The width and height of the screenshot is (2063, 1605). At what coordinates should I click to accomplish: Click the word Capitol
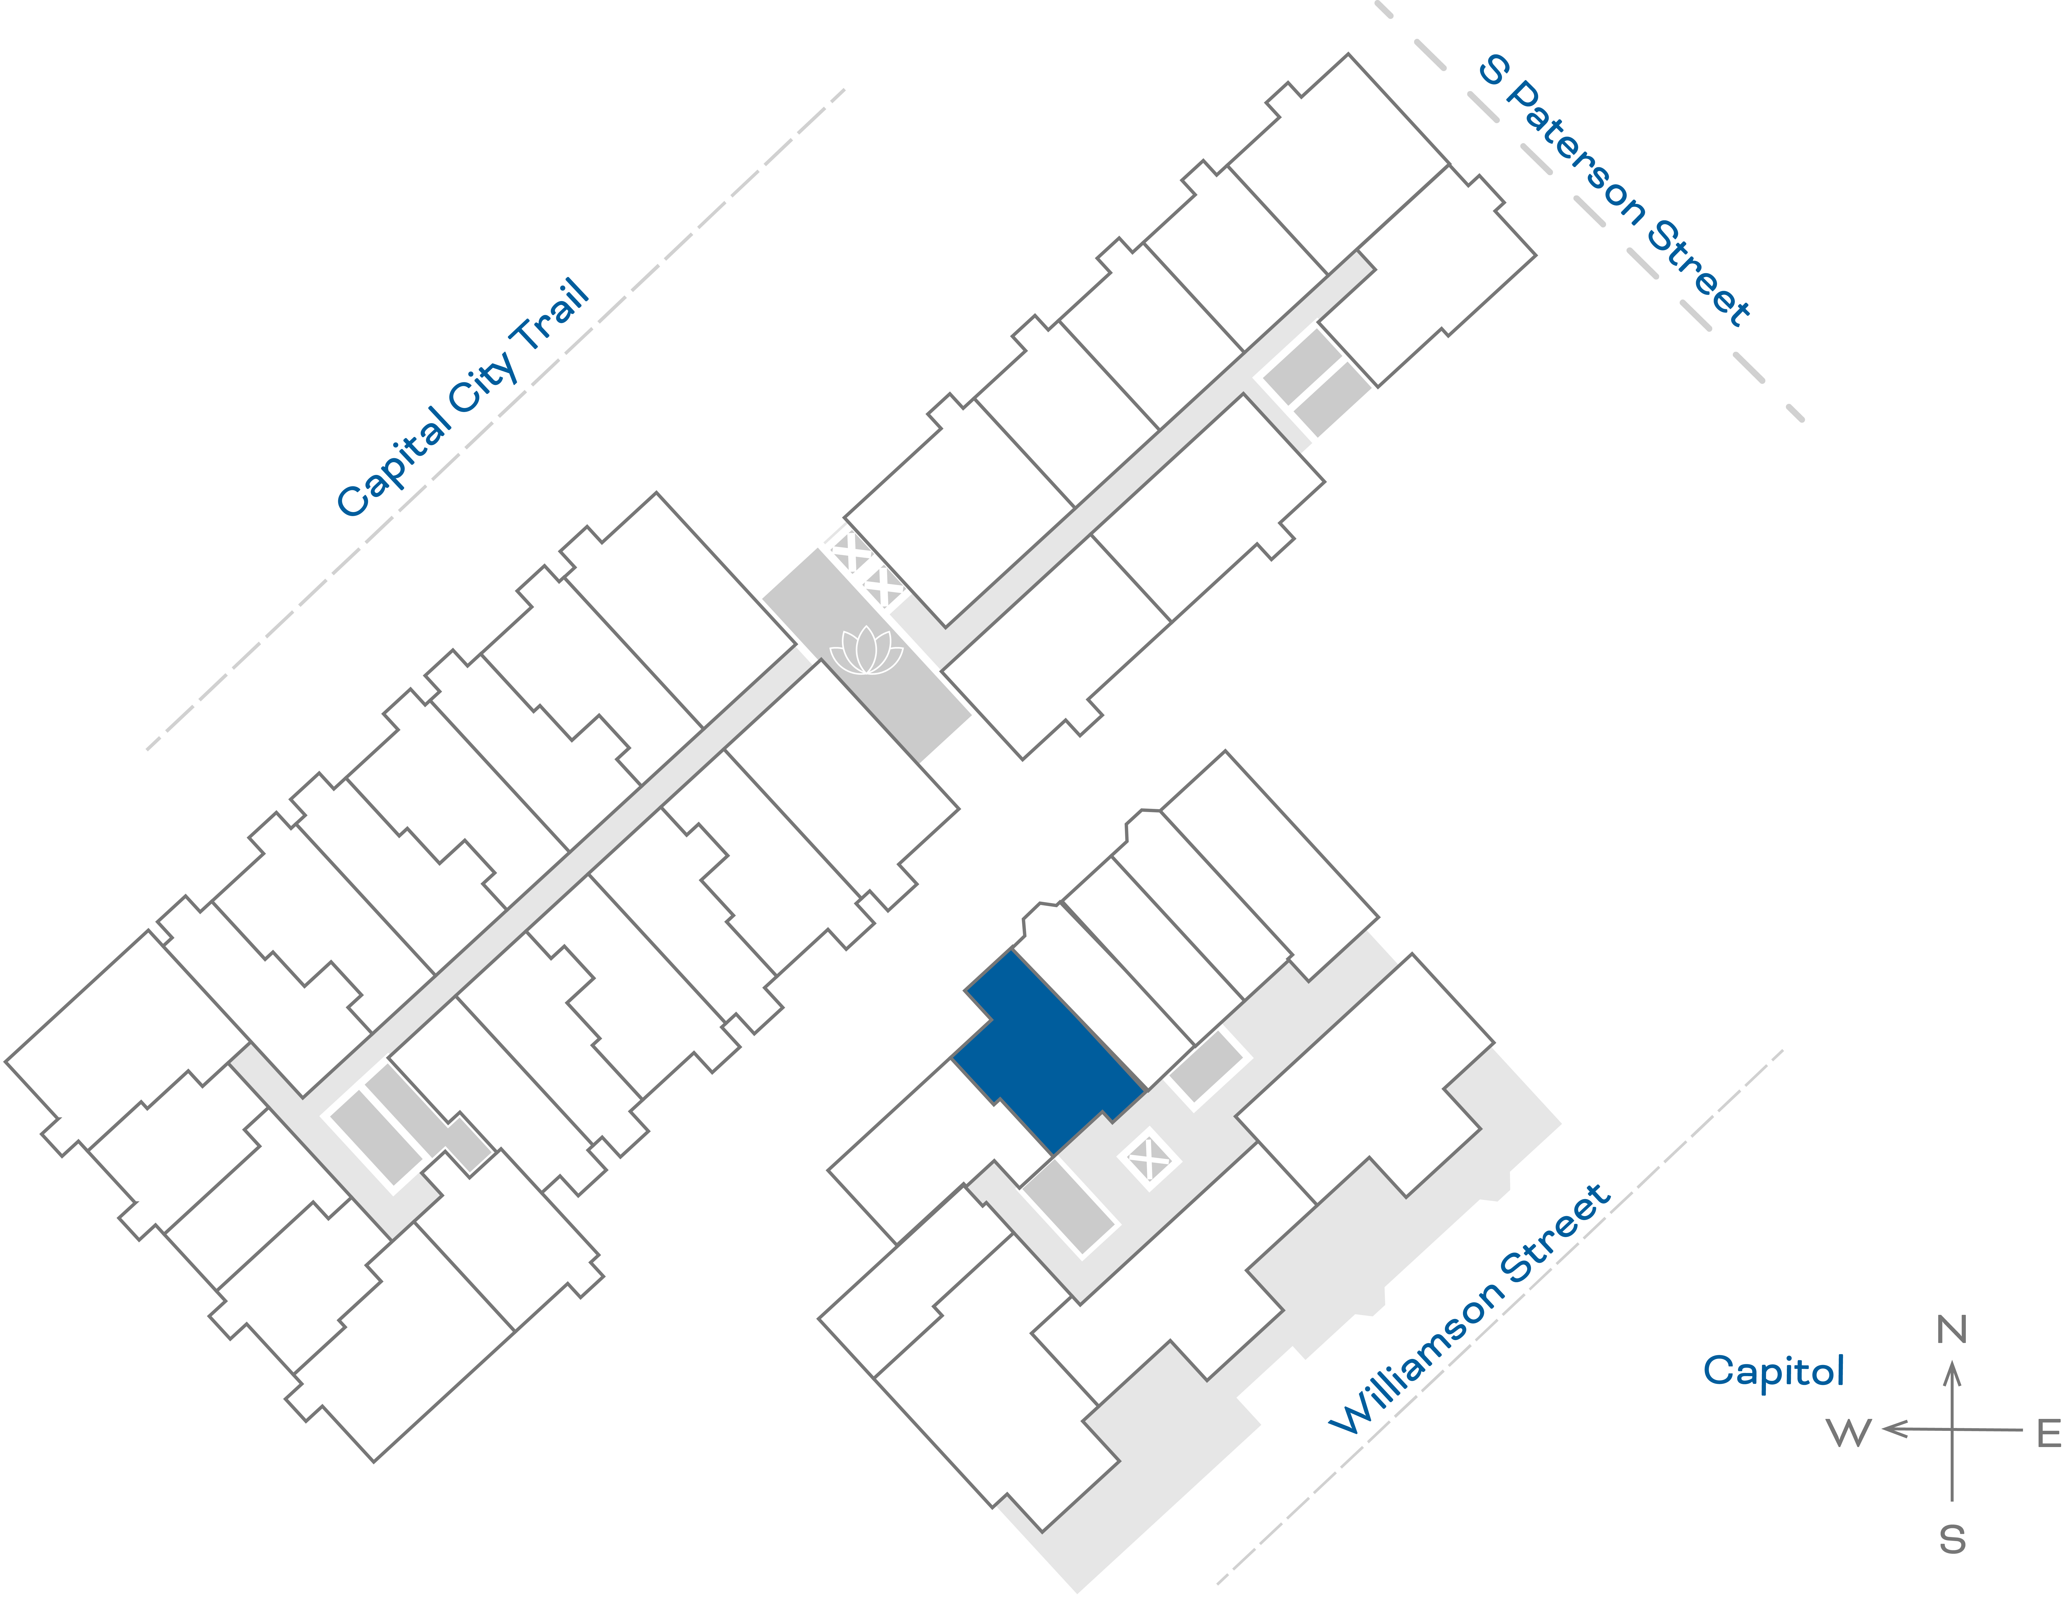pos(1773,1371)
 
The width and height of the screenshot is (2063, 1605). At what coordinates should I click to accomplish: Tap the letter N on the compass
pos(1951,1330)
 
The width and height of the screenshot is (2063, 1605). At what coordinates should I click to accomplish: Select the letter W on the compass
pos(1848,1432)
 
